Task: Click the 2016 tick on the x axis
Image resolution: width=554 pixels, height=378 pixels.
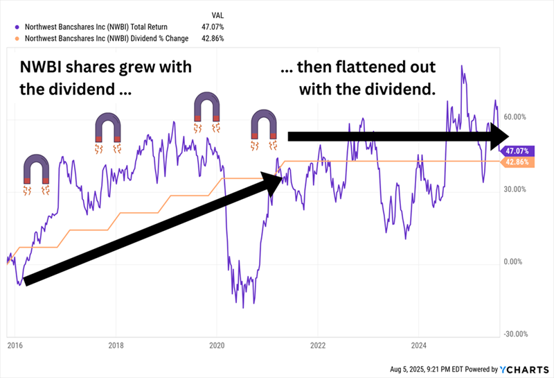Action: pyautogui.click(x=14, y=344)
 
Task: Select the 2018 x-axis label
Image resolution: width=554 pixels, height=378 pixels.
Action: pyautogui.click(x=116, y=344)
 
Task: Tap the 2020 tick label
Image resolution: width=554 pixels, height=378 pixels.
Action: pyautogui.click(x=217, y=344)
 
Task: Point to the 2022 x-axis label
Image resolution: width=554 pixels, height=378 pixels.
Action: pyautogui.click(x=318, y=344)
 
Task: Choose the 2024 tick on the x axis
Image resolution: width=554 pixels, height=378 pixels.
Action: pyautogui.click(x=418, y=344)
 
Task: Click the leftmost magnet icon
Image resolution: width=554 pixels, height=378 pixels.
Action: pyautogui.click(x=37, y=173)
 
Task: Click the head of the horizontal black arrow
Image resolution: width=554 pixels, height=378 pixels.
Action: pyautogui.click(x=500, y=137)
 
